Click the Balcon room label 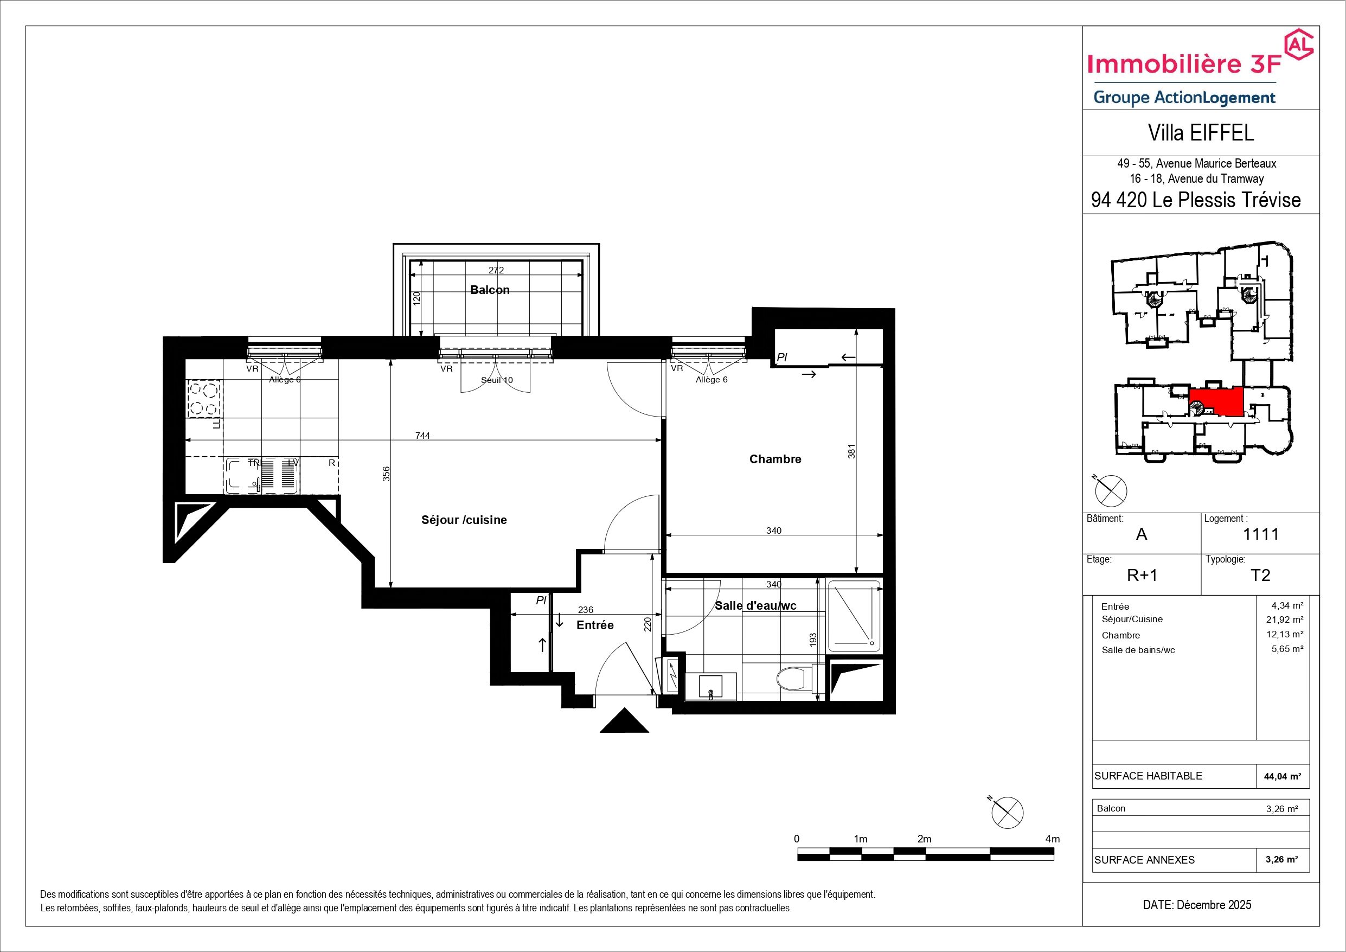point(490,290)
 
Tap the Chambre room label point(775,459)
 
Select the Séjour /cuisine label point(464,520)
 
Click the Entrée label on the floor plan point(595,625)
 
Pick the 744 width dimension point(422,435)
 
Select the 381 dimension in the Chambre point(852,450)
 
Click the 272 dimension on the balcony point(496,270)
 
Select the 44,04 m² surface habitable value point(1283,777)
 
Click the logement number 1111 point(1260,534)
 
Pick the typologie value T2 point(1260,575)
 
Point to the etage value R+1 point(1142,576)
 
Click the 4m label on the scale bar point(1052,839)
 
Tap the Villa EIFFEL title point(1201,133)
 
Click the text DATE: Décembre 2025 point(1197,905)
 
